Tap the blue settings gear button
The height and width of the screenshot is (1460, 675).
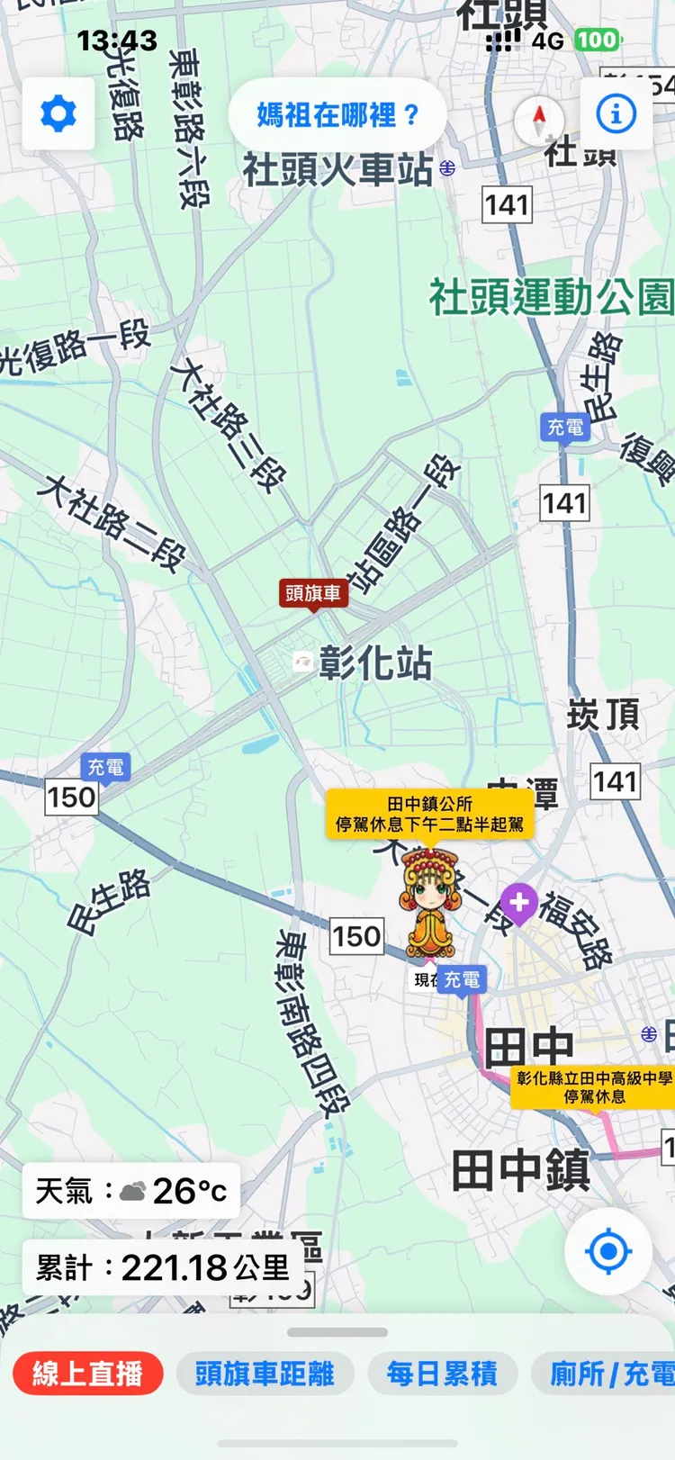point(58,114)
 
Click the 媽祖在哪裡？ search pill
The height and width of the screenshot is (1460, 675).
point(337,115)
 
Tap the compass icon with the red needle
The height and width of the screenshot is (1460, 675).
point(539,118)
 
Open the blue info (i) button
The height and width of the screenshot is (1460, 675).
point(616,114)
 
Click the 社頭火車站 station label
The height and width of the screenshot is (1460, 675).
point(338,169)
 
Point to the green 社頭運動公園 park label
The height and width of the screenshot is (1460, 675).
point(551,298)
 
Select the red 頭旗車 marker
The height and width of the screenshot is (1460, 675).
point(313,593)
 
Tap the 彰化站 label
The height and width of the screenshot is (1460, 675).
point(374,663)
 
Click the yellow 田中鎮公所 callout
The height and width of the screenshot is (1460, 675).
point(429,814)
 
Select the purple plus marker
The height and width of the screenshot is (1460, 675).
point(518,902)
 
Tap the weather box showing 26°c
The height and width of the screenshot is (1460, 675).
point(131,1191)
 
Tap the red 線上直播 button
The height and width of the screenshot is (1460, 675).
point(87,1374)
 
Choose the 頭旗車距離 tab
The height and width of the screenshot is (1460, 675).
point(265,1374)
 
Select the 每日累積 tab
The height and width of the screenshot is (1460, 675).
point(442,1374)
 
